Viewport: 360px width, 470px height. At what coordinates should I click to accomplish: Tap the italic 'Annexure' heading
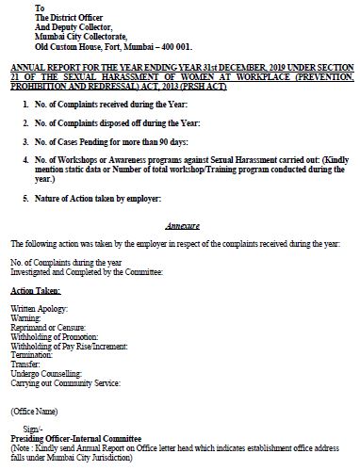(180, 227)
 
